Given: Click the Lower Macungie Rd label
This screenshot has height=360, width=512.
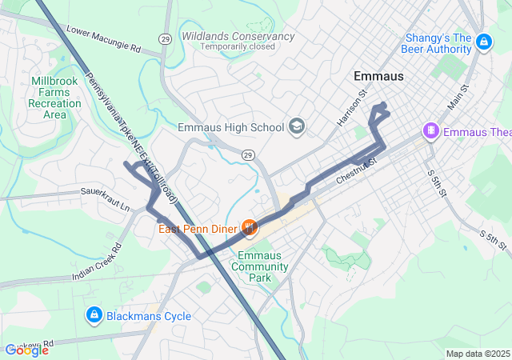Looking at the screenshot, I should [103, 41].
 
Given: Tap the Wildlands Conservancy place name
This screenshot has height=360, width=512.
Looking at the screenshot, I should [238, 36].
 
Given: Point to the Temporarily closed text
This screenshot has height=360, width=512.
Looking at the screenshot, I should [238, 47].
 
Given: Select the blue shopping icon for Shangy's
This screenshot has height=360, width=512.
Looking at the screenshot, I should [483, 41].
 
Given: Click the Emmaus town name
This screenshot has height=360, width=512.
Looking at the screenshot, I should [378, 76].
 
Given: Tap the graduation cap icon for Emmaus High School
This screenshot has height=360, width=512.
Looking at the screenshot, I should [297, 126].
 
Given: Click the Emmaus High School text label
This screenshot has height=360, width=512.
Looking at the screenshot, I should [230, 127].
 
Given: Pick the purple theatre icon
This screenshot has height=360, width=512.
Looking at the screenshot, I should [431, 130].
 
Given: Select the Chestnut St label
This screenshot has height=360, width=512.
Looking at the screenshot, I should [356, 173].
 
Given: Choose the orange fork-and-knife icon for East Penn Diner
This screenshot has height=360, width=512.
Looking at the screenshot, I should [250, 229].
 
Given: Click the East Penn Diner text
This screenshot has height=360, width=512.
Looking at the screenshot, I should [198, 229].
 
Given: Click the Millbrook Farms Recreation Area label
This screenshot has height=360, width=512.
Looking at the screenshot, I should [54, 98].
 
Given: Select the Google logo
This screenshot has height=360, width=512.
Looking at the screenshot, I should [26, 350].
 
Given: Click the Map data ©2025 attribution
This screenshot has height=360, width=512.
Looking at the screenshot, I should [476, 354].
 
